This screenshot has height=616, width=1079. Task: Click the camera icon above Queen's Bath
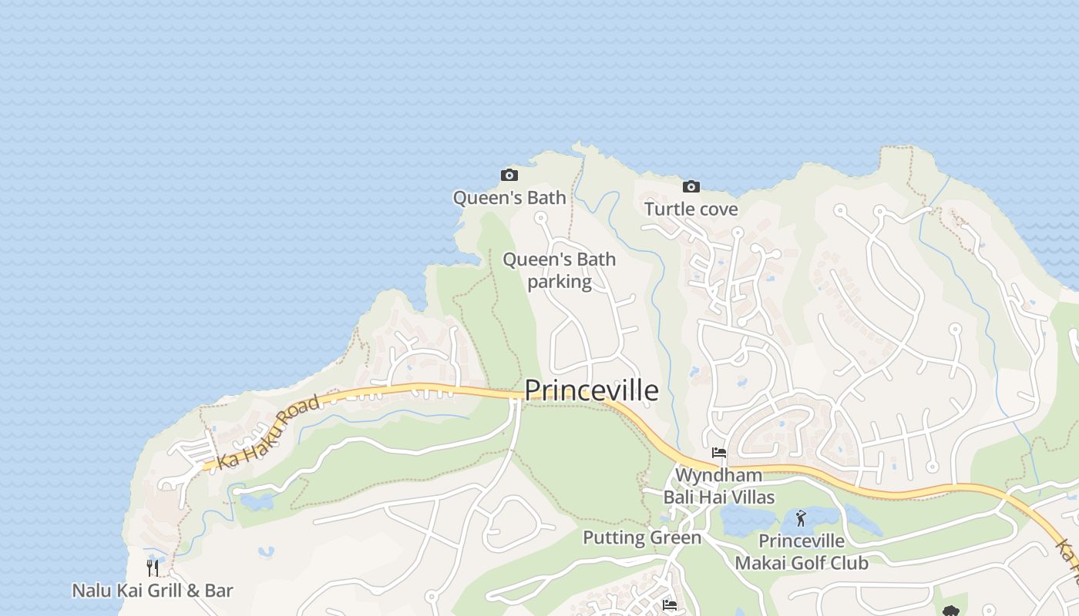(x=509, y=175)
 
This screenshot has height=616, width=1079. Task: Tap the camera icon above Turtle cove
(x=691, y=186)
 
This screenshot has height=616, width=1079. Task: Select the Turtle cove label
(x=691, y=209)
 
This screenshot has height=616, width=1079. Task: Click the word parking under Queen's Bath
(x=560, y=282)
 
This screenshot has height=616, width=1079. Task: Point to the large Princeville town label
(x=591, y=390)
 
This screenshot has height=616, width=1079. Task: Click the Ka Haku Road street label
(x=268, y=433)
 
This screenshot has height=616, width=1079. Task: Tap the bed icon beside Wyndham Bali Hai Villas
(x=719, y=453)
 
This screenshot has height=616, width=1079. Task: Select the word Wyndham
(x=718, y=475)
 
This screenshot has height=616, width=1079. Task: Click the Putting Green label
(x=642, y=537)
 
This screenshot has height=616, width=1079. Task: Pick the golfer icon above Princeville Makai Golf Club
(x=801, y=518)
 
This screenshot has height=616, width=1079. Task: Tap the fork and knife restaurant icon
(x=153, y=568)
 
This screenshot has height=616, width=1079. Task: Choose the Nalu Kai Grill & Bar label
(x=153, y=591)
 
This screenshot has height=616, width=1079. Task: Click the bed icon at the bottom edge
(x=669, y=606)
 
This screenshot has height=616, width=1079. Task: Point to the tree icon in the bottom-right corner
(x=950, y=611)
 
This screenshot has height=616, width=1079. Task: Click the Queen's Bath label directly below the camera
(x=509, y=198)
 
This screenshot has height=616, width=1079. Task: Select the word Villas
(x=748, y=497)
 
